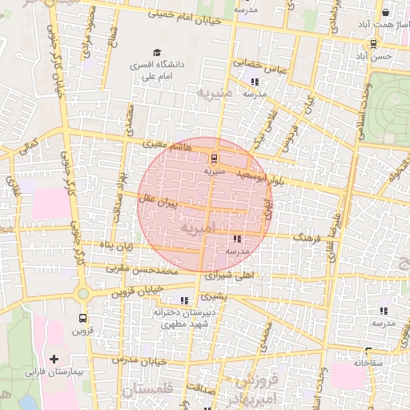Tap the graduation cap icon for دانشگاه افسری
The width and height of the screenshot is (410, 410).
(156, 54)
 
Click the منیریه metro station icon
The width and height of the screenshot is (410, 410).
(213, 158)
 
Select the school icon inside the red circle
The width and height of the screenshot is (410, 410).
(237, 239)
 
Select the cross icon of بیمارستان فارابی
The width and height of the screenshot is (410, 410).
(54, 360)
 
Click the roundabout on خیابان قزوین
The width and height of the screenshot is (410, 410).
(83, 294)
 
